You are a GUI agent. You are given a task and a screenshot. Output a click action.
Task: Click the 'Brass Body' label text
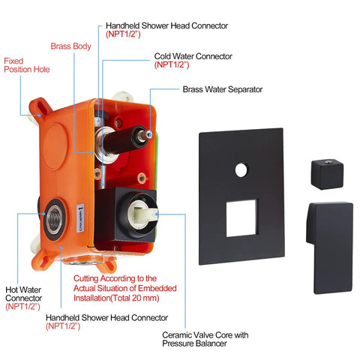(70, 46)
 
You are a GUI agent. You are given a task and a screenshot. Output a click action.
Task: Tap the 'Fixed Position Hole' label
(27, 65)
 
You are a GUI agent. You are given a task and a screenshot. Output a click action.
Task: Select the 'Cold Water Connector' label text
(193, 56)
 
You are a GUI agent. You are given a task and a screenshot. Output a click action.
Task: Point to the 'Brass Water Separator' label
(223, 89)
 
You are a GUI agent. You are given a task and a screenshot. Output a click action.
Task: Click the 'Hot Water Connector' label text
(23, 294)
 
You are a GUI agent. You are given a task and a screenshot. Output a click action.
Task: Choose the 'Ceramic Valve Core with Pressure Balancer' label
(205, 339)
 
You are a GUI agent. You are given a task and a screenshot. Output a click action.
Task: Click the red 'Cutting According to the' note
(115, 278)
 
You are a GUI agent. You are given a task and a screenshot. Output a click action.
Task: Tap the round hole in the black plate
(241, 170)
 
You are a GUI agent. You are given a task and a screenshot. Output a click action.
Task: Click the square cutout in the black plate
(241, 218)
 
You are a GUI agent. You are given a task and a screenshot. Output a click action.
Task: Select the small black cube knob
(327, 174)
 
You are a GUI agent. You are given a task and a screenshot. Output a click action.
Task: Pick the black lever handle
(330, 247)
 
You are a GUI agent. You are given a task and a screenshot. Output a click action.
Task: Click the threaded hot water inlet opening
(55, 220)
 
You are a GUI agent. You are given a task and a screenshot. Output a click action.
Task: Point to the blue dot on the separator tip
(150, 135)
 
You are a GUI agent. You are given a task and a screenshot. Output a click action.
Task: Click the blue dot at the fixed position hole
(39, 115)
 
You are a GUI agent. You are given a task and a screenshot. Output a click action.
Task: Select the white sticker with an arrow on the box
(80, 217)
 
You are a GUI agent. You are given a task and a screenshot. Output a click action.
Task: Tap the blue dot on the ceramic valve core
(157, 214)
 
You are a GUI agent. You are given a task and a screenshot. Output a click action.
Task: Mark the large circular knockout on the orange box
(56, 146)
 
